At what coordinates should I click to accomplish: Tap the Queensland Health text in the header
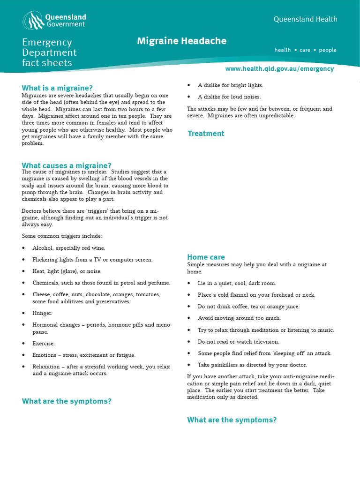pos(305,19)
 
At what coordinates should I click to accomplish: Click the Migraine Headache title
pos(181,41)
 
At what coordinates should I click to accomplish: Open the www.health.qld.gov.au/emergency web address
pos(279,68)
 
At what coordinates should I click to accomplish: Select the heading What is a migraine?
pos(57,88)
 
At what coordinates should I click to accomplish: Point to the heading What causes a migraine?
pos(67,165)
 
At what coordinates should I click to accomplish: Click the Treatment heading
pos(206,134)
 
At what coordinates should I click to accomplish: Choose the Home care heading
pos(206,257)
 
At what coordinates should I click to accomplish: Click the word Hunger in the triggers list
pos(42,313)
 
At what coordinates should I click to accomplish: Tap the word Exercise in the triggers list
pos(44,344)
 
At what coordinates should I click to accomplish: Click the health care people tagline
pos(305,50)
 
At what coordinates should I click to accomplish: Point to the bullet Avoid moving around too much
pos(239,318)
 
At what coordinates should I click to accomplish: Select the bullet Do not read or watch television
pos(238,342)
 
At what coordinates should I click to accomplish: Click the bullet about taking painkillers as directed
pos(252,365)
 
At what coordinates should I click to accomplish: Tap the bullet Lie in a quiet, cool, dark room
pos(237,283)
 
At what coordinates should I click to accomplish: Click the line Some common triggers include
pos(62,236)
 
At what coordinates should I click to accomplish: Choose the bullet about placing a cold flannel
pos(256,295)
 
